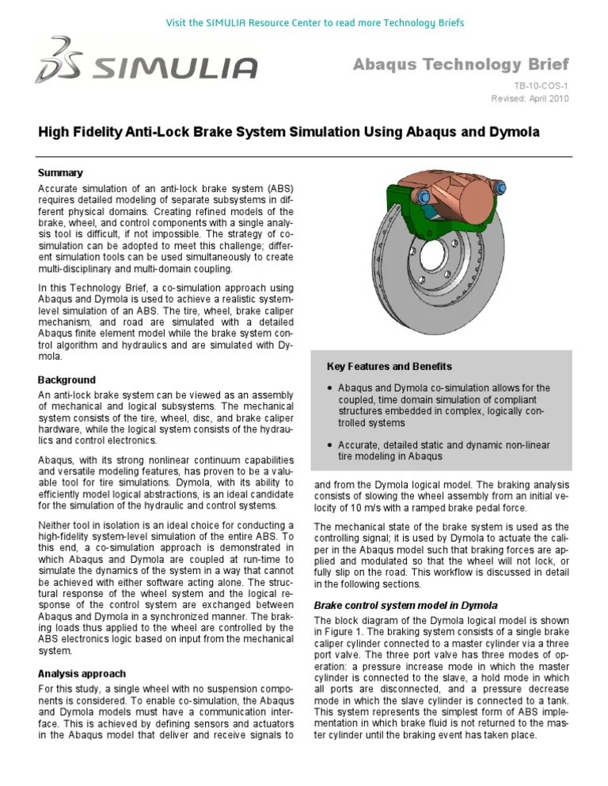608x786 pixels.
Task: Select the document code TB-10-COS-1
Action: [540, 84]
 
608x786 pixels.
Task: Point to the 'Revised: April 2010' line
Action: [529, 98]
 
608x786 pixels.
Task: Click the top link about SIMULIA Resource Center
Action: [303, 21]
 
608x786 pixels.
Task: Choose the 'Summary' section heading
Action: [60, 172]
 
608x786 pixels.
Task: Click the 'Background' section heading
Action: [66, 380]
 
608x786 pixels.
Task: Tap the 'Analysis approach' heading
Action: [82, 674]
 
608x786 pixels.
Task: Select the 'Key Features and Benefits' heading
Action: [389, 367]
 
